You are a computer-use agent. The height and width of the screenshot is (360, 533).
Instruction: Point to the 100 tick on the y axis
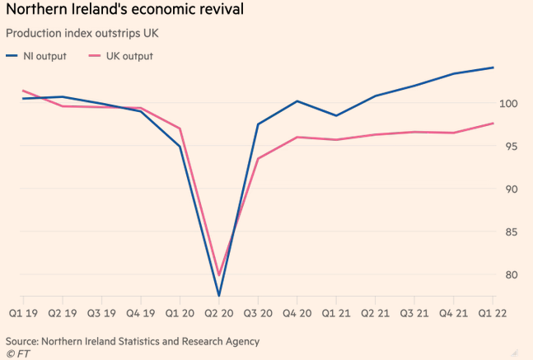pos(507,104)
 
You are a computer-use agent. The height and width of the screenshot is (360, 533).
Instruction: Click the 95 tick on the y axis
pos(511,147)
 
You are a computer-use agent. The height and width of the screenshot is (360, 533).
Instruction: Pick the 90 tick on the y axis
pos(511,189)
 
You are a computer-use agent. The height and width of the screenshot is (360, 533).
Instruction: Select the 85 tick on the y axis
pos(511,232)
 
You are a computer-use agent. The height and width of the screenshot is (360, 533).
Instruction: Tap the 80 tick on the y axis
pos(511,275)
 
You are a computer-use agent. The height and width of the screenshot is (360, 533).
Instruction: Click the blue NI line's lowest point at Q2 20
pos(219,295)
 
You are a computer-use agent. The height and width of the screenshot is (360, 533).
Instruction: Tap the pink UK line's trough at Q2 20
pos(219,274)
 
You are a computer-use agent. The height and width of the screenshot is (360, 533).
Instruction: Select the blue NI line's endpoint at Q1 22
pos(493,68)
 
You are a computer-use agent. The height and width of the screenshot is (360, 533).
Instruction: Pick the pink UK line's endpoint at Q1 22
pos(493,124)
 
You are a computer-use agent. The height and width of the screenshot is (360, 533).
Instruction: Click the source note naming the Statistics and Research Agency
pos(133,340)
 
